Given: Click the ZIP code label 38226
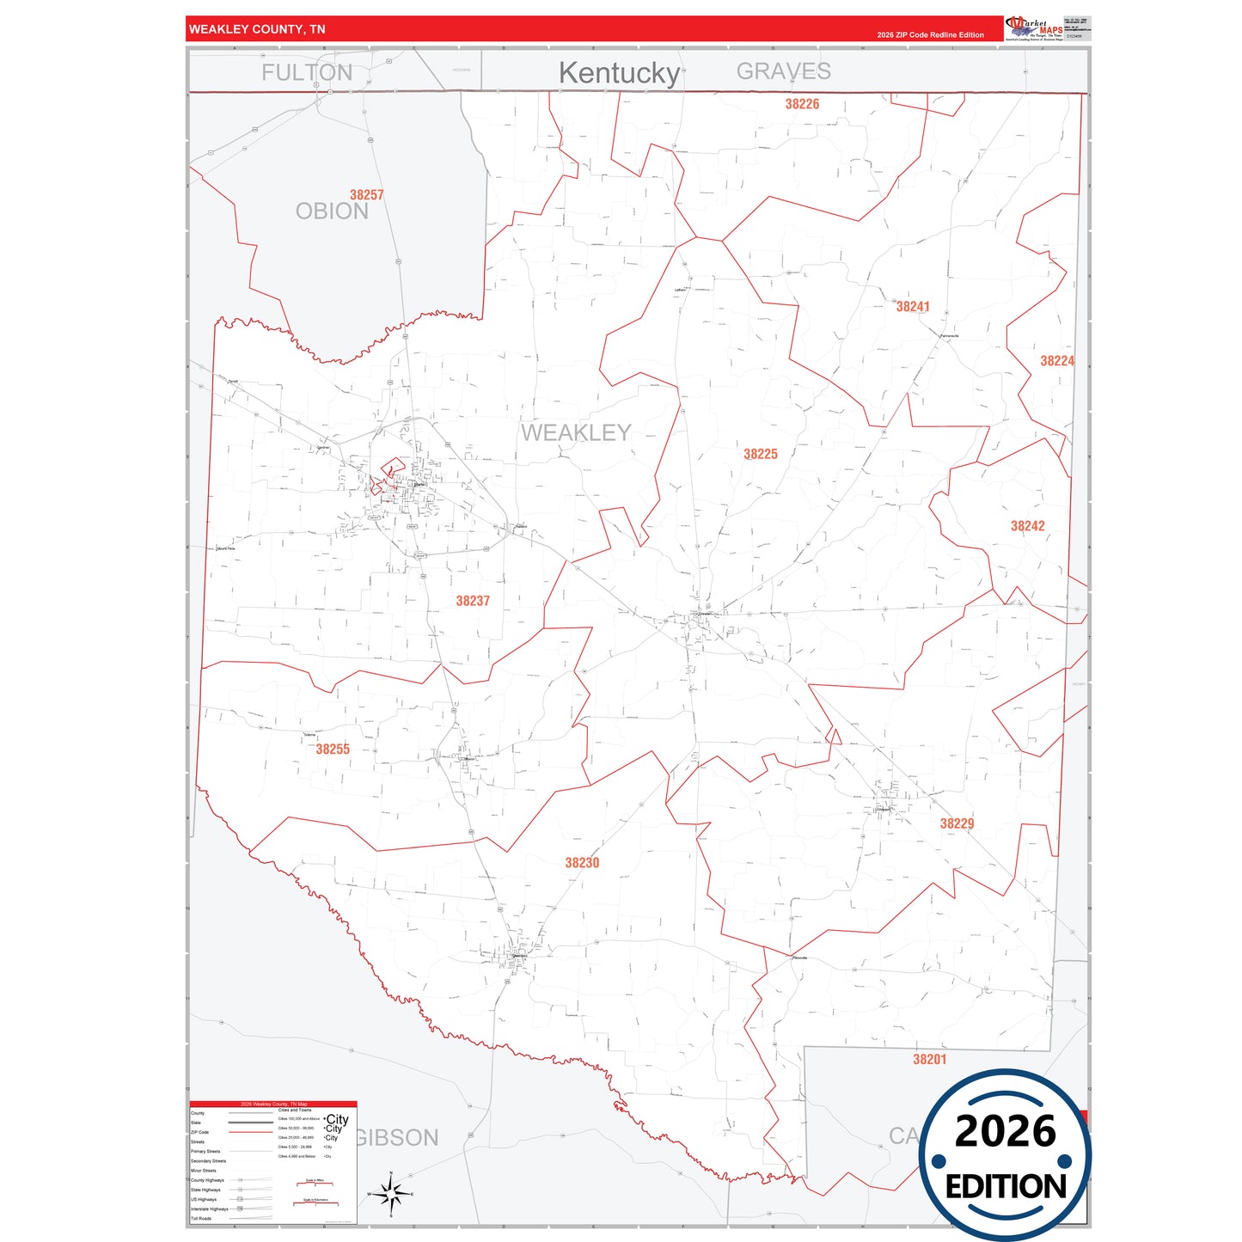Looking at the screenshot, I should pos(802,104).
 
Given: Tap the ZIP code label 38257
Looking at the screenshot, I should pos(366,195).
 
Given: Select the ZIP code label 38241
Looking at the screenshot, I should pos(912,307).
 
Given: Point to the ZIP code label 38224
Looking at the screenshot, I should pos(1056,361).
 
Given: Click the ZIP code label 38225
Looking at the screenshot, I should pos(760,454).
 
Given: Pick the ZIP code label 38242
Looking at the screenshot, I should pos(1027,526).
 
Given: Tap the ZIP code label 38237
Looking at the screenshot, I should pos(473,601).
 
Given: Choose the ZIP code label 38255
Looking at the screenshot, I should pos(333,749).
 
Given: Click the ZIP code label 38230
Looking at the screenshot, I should pos(582,863).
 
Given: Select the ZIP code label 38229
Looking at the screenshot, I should pos(957,823).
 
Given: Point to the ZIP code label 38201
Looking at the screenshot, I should pos(929,1060).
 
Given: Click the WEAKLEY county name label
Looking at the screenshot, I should pos(576,432).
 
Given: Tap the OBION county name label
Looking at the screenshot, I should pos(332,211).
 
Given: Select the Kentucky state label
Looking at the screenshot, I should pos(619,73).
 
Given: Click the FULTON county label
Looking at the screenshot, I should pos(307,73).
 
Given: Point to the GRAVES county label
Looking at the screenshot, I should pos(783,71).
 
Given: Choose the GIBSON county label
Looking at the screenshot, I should pos(396,1138).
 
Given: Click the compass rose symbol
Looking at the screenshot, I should pos(391,1193).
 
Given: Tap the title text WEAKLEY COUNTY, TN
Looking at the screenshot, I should pos(257,29).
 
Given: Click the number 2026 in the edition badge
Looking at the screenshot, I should pos(1005,1131).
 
